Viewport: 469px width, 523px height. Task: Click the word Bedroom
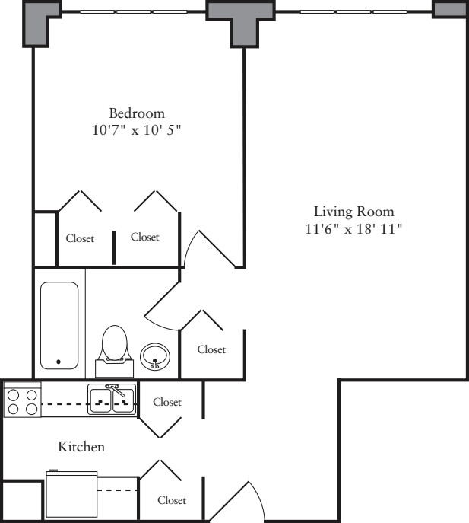137,113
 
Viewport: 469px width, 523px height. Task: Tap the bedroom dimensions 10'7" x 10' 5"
136,129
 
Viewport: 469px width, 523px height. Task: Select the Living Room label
354,212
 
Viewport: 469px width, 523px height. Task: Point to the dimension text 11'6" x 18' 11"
353,229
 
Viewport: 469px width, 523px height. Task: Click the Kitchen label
81,447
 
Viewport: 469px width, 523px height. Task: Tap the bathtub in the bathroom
59,326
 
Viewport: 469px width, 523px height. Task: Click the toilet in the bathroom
115,351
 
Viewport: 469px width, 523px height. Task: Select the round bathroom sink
155,356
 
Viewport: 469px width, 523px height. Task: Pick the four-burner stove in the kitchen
22,400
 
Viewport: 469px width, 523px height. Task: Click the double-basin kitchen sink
112,400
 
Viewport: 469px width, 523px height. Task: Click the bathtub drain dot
59,362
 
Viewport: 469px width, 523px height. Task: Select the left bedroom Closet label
80,238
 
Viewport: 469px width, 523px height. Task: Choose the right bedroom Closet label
145,237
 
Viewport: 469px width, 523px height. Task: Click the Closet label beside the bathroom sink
211,349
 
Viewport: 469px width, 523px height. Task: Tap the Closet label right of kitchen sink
167,402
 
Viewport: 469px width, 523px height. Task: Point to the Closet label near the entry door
172,500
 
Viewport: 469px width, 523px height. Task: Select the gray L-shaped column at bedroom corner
40,21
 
